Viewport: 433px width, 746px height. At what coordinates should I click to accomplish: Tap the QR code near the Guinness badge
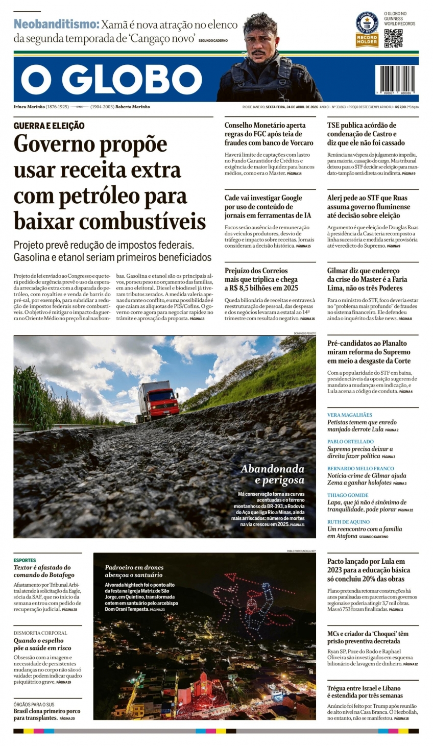click(393, 38)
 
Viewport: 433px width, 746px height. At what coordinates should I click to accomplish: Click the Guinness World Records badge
click(367, 30)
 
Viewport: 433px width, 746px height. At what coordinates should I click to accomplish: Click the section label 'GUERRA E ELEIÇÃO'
click(49, 126)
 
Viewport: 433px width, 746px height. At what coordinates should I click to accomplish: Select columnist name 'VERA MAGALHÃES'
click(350, 415)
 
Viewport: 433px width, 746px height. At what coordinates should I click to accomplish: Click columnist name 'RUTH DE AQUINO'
click(348, 522)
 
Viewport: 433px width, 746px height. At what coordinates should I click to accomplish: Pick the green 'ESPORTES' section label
click(25, 560)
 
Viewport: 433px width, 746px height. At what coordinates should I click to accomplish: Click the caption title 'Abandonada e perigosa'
click(273, 474)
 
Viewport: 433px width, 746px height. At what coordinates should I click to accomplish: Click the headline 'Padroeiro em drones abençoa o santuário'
click(134, 571)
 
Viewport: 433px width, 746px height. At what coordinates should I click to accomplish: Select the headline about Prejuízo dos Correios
click(261, 279)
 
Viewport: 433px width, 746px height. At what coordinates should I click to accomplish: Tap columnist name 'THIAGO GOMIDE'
click(348, 495)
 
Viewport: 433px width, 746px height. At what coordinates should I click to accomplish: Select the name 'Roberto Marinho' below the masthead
click(132, 107)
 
